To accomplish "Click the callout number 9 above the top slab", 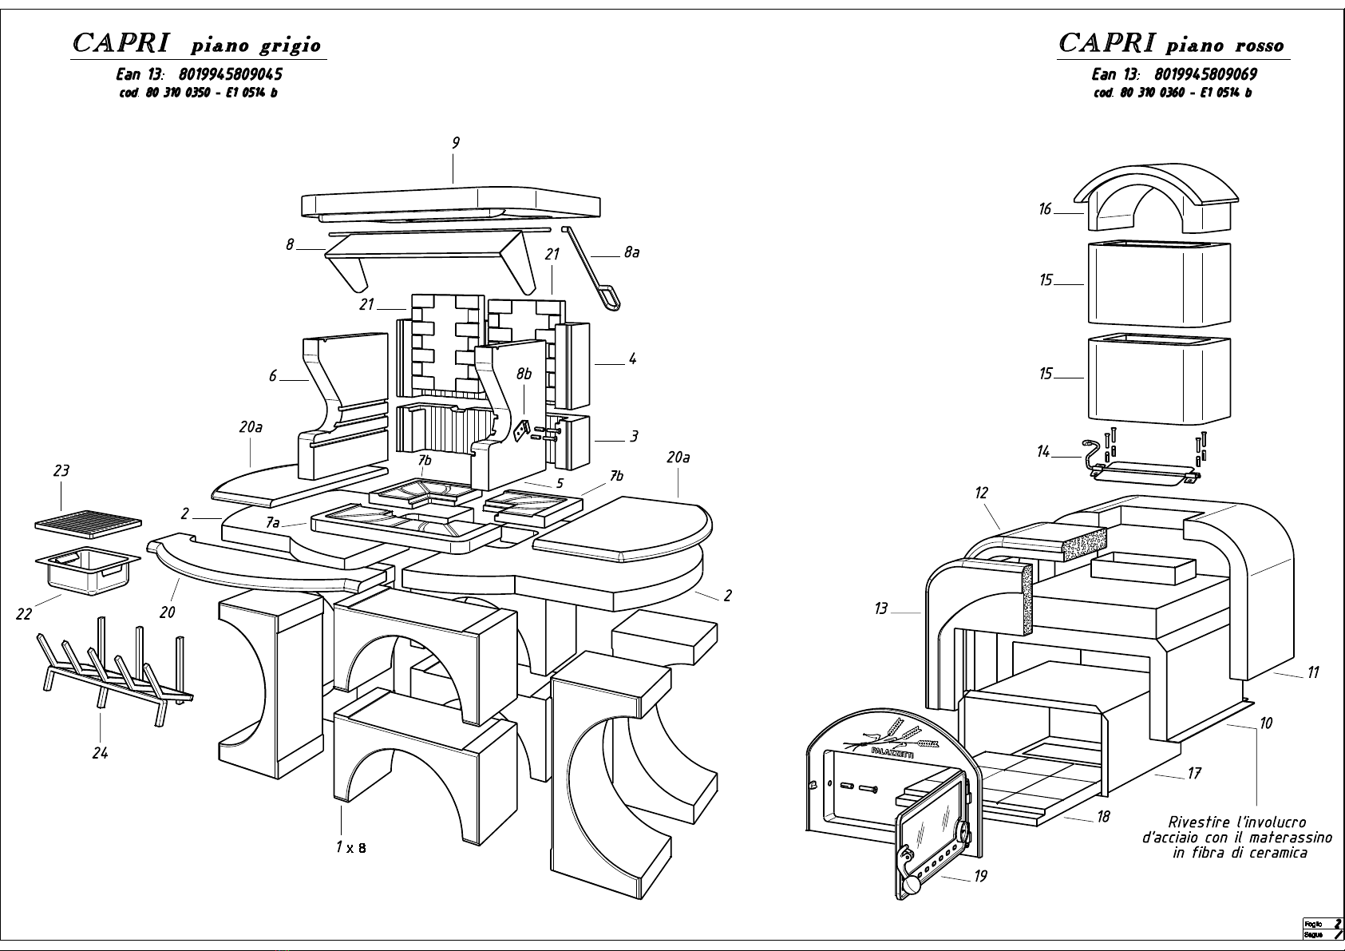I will pyautogui.click(x=455, y=143).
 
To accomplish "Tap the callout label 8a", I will pyautogui.click(x=631, y=252).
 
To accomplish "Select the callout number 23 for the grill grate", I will pyautogui.click(x=61, y=471).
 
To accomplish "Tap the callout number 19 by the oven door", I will pyautogui.click(x=980, y=877).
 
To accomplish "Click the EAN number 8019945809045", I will pyautogui.click(x=226, y=74).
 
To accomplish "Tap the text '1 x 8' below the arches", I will pyautogui.click(x=351, y=847).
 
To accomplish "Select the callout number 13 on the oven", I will pyautogui.click(x=880, y=608).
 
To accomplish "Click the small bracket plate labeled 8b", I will pyautogui.click(x=521, y=430).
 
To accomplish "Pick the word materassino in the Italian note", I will pyautogui.click(x=1293, y=838).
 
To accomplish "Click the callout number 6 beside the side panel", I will pyautogui.click(x=273, y=375).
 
